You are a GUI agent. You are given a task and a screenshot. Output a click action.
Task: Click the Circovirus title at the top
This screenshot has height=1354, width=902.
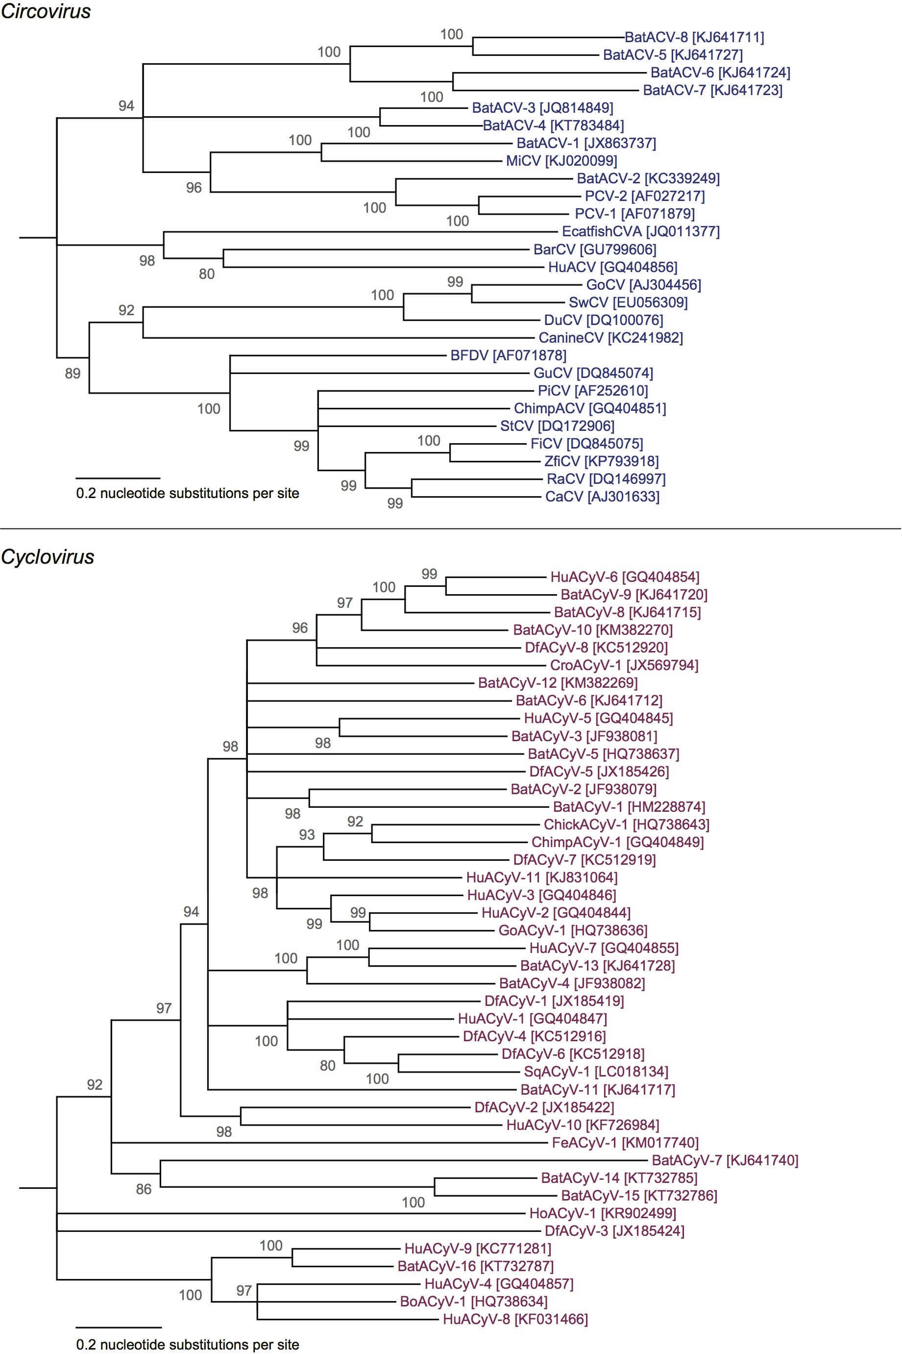46,11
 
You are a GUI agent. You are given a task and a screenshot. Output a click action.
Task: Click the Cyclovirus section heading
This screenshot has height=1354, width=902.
48,557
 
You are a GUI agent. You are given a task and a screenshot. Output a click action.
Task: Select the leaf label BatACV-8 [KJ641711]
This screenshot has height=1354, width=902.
694,37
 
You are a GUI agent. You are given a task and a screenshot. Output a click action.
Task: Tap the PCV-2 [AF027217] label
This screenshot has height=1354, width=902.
644,196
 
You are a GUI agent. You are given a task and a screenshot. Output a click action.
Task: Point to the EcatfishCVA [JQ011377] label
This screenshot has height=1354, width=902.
640,231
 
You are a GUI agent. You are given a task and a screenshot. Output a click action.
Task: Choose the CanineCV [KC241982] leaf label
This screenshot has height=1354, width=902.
610,338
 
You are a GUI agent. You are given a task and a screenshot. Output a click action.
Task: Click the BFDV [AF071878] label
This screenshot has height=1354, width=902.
508,355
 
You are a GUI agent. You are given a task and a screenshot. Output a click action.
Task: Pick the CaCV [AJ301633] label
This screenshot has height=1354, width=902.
602,497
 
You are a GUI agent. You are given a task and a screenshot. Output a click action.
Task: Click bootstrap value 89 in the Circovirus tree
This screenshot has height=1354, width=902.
73,374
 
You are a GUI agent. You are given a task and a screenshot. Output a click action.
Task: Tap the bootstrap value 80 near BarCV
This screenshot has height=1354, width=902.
207,274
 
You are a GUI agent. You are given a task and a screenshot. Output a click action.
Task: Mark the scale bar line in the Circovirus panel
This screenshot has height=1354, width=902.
118,478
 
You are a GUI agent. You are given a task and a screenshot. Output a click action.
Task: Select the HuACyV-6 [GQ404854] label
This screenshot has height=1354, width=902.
625,577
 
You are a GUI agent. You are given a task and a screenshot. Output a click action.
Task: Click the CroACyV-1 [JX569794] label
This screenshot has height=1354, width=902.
624,665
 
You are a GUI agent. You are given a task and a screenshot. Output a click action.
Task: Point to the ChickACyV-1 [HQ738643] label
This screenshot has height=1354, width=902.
627,825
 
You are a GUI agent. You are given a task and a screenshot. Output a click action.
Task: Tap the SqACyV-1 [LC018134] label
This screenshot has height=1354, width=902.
596,1072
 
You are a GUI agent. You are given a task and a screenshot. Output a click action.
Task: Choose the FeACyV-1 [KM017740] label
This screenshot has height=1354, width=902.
625,1143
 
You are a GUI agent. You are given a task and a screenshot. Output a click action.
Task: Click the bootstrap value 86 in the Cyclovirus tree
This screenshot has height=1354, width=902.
144,1189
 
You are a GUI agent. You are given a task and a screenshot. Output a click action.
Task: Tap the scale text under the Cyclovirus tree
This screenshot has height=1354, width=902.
188,1345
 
